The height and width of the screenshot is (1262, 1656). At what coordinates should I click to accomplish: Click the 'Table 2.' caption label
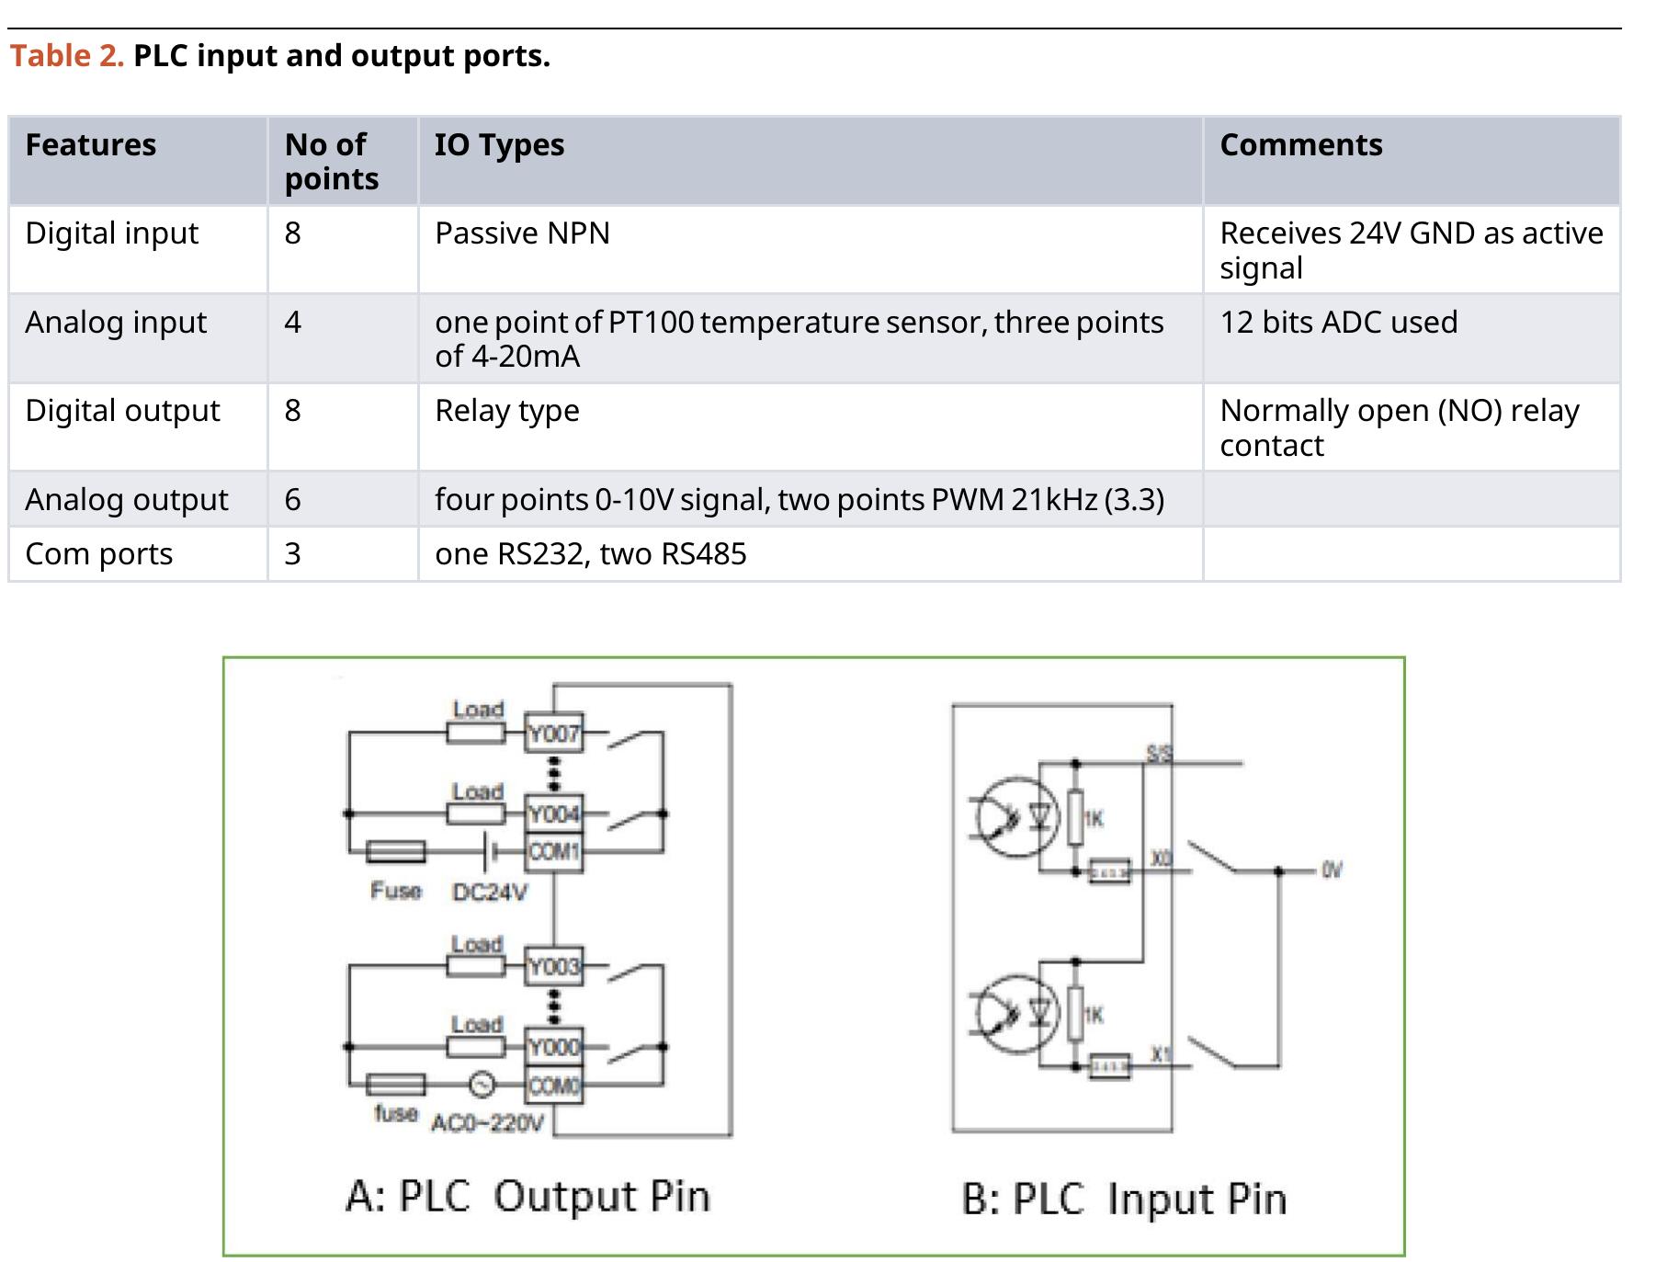(66, 56)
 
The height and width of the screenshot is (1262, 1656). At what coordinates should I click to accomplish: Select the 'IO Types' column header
(499, 145)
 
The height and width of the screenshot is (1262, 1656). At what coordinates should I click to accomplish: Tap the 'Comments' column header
(1300, 145)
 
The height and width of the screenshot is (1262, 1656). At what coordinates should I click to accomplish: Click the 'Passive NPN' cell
(522, 233)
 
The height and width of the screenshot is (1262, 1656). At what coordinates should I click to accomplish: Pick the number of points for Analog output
(292, 500)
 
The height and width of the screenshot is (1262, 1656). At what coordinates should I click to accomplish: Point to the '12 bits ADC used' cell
(1338, 323)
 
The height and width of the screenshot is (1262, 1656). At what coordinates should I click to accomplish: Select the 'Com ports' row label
(98, 554)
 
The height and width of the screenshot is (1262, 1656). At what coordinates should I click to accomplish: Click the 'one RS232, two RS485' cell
(590, 554)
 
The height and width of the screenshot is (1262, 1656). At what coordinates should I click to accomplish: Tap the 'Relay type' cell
(506, 411)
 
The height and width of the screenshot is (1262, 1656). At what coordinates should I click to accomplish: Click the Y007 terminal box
(553, 733)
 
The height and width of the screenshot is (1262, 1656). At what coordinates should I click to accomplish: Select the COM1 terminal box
(553, 852)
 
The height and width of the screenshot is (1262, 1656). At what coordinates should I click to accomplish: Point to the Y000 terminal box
(553, 1047)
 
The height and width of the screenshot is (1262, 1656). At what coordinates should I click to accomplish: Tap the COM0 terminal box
(553, 1086)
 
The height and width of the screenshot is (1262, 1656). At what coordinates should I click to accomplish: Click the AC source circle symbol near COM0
(482, 1086)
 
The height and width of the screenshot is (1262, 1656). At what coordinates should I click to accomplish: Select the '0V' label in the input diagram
(1332, 870)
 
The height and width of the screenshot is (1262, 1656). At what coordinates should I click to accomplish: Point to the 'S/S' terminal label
(1159, 755)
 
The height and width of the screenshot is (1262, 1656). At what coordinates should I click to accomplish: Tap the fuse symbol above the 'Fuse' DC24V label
(396, 852)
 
